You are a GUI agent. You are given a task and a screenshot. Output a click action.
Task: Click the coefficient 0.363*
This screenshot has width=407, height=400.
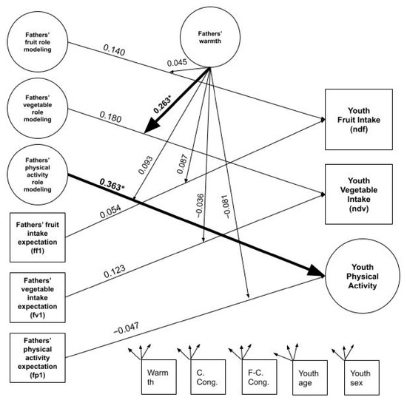(112, 184)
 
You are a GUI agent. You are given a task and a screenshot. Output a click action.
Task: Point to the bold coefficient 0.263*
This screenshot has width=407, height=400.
(163, 104)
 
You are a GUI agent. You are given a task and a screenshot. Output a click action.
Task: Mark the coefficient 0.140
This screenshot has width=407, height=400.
(114, 50)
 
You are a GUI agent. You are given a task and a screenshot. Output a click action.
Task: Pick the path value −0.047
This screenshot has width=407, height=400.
(126, 328)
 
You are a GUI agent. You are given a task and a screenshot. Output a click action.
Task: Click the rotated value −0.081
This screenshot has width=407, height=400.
(226, 206)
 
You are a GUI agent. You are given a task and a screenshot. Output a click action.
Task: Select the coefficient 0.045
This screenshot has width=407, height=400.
(177, 63)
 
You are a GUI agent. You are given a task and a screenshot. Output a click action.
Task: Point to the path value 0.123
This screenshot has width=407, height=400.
(115, 271)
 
